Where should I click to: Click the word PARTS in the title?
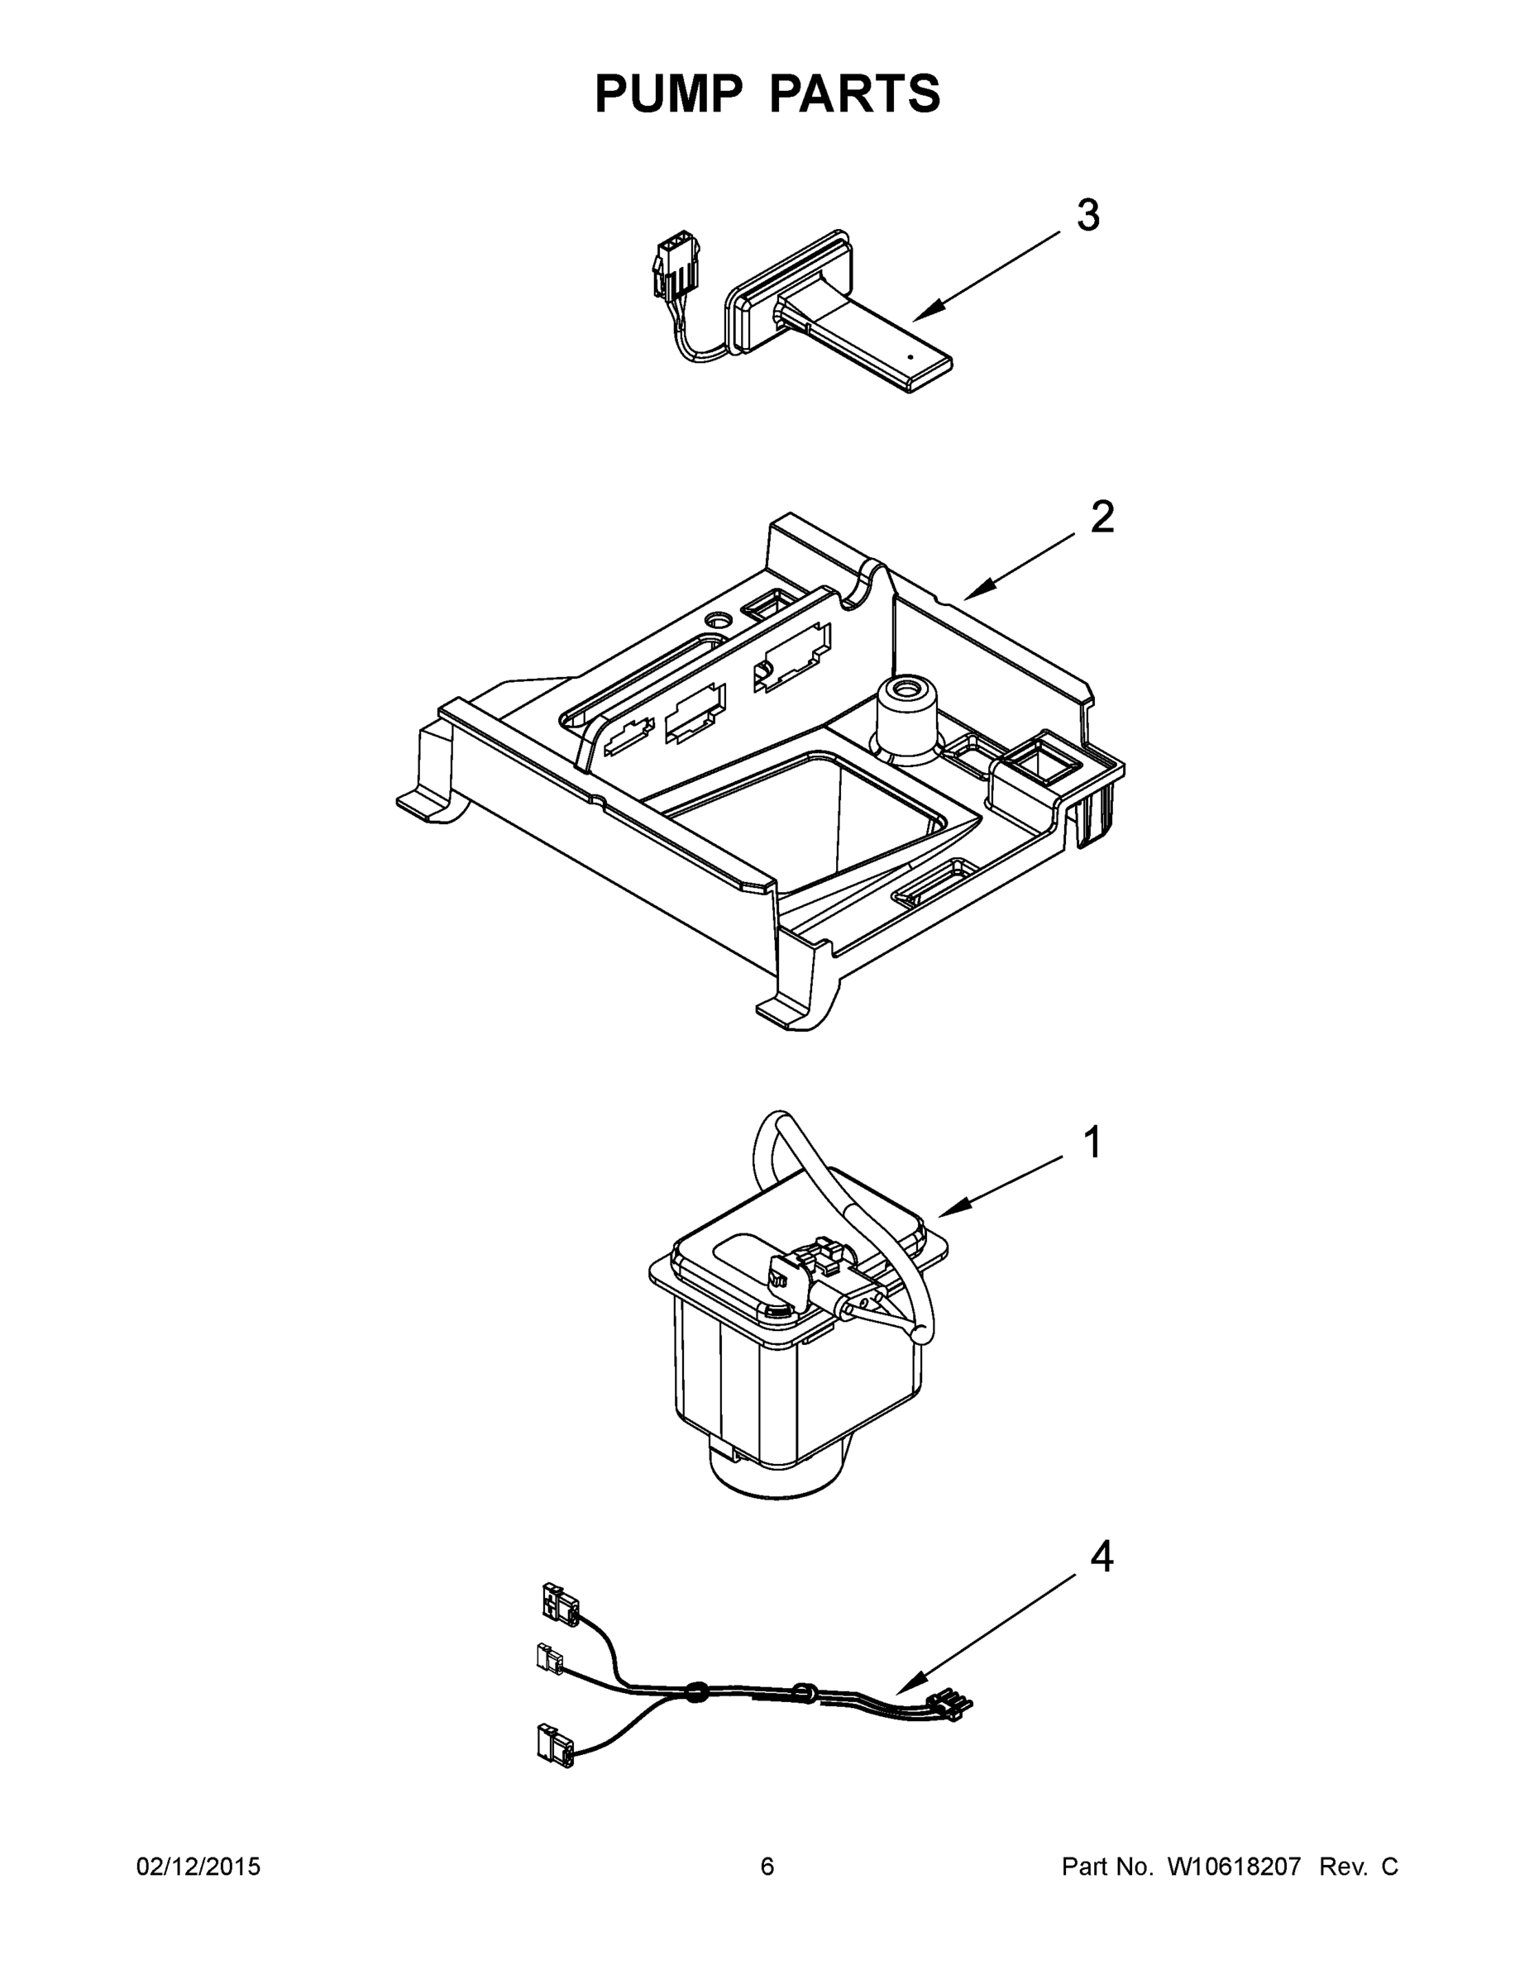point(855,93)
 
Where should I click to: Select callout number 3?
point(1087,217)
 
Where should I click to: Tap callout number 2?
point(1102,517)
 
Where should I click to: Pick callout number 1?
point(1093,1142)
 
